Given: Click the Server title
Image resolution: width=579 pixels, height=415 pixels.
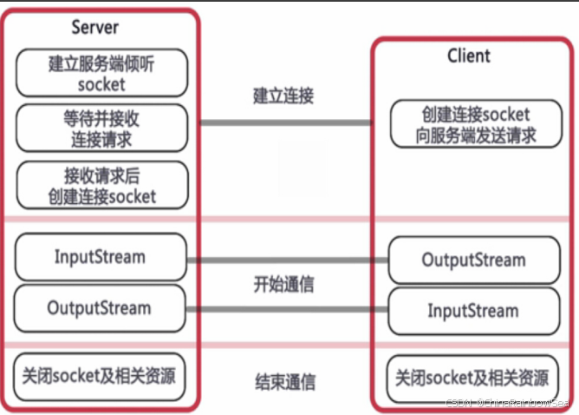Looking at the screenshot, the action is (94, 28).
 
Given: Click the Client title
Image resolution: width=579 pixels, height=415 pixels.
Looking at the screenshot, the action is (469, 56).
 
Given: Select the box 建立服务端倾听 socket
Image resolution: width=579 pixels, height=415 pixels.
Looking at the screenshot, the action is (102, 73).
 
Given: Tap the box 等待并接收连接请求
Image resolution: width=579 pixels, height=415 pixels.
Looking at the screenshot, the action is (102, 128).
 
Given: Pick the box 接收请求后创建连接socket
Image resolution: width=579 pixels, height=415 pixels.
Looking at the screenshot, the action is (102, 185).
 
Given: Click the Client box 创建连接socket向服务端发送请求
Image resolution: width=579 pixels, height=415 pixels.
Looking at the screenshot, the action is (477, 123).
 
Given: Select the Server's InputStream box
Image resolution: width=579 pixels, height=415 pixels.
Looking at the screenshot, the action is (101, 257).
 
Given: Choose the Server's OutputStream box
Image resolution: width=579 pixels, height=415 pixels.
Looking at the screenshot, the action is (100, 308).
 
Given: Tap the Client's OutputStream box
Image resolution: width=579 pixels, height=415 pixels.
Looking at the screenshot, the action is (474, 260).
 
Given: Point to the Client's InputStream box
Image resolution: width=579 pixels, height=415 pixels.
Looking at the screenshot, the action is (474, 311).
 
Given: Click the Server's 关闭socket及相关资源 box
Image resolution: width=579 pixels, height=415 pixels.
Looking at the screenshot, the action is (100, 377).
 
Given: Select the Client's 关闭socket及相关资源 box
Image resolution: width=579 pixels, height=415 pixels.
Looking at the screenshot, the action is (472, 379).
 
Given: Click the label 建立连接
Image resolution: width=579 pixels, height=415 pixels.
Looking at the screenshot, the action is (283, 96).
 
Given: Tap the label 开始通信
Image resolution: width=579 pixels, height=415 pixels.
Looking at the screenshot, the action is (284, 285).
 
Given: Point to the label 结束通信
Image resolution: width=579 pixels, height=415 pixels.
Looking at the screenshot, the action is (285, 382).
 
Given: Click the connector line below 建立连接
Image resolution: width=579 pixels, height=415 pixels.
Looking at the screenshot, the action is (286, 122).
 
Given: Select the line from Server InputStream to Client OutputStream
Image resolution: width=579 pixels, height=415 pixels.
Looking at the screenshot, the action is (287, 260).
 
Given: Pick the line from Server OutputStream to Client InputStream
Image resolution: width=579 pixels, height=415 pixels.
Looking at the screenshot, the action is (287, 309).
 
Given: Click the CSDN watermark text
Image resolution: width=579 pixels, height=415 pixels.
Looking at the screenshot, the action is (507, 403).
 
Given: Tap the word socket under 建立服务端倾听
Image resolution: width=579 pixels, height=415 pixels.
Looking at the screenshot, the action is (101, 85).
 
